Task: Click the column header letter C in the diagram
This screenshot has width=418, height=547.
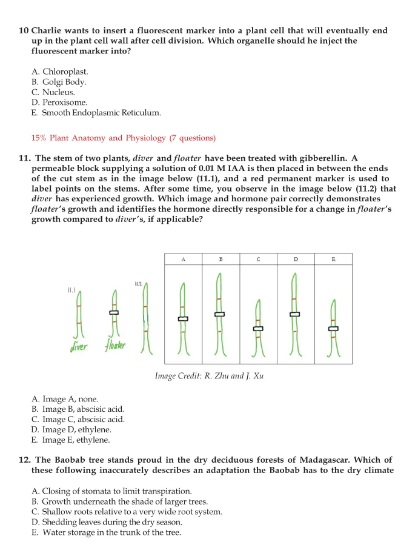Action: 258,260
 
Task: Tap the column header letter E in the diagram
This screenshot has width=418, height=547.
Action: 333,260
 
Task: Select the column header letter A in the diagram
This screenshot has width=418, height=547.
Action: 183,260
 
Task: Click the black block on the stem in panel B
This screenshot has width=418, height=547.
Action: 219,314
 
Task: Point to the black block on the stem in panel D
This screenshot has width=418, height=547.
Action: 294,314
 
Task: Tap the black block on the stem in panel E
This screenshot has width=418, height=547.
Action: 333,329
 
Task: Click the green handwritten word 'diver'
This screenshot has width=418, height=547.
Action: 78,347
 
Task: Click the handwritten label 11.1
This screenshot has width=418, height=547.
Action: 70,291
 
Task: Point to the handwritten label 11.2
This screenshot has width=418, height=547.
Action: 138,283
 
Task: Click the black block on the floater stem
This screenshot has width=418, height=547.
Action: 113,312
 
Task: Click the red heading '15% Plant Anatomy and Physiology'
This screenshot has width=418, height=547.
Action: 123,138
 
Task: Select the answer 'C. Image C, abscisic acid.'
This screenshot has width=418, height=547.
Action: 78,420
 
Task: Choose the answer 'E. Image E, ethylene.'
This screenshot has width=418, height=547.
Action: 70,440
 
